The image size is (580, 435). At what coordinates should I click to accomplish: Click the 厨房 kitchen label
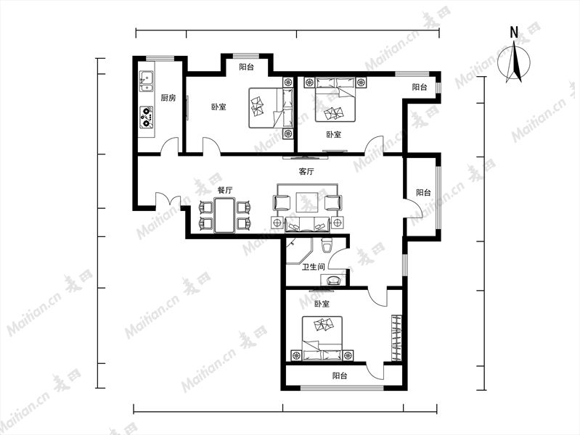(x=168, y=98)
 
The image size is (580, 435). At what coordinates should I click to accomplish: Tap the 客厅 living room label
(x=306, y=172)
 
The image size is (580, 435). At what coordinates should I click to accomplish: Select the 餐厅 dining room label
(x=225, y=191)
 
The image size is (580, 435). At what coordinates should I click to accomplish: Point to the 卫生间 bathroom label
(x=314, y=267)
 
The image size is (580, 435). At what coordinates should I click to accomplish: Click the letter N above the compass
(x=514, y=33)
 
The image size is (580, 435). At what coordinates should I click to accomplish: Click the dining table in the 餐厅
(x=225, y=215)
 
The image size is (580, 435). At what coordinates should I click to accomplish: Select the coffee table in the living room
(x=307, y=202)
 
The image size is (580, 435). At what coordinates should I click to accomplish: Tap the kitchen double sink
(x=146, y=81)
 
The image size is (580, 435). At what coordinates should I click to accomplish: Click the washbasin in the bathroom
(x=335, y=280)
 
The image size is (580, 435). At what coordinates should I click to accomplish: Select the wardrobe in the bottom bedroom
(x=396, y=338)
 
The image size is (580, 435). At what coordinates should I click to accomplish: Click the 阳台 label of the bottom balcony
(x=340, y=376)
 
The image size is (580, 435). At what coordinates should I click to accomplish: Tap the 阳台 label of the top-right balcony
(x=420, y=87)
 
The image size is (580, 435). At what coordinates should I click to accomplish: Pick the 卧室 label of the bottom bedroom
(x=322, y=304)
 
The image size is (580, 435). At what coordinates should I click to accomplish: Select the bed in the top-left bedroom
(x=271, y=108)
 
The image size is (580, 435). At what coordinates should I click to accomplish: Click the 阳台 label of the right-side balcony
(x=423, y=193)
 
